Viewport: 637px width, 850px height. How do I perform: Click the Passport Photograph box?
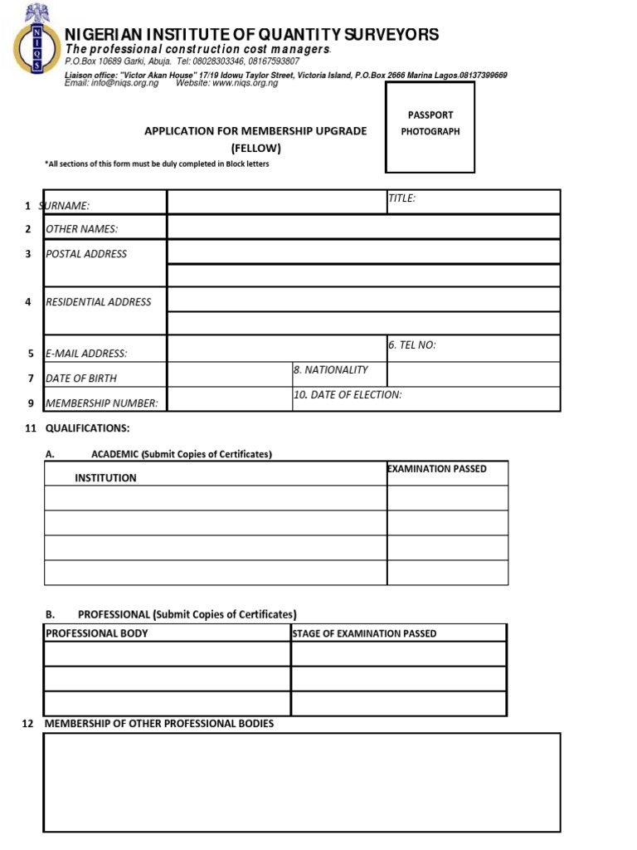pyautogui.click(x=430, y=126)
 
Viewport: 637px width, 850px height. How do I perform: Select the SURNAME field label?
pyautogui.click(x=66, y=206)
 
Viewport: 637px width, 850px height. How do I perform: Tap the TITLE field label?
pyautogui.click(x=401, y=198)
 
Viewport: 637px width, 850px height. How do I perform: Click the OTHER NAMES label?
pyautogui.click(x=81, y=229)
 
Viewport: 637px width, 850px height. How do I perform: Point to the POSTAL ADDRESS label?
pyautogui.click(x=86, y=254)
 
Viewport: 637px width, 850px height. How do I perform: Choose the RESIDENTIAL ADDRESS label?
pyautogui.click(x=98, y=302)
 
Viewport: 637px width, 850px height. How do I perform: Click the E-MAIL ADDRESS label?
pyautogui.click(x=86, y=354)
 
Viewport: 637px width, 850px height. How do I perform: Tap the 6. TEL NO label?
pyautogui.click(x=411, y=345)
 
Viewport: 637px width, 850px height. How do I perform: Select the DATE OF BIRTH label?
pyautogui.click(x=80, y=379)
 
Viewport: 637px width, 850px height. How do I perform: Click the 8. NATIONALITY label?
pyautogui.click(x=330, y=370)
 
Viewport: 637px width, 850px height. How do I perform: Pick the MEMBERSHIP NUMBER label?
pyautogui.click(x=101, y=403)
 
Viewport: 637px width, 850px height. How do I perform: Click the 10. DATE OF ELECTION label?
pyautogui.click(x=348, y=395)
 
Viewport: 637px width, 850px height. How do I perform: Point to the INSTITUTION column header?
pyautogui.click(x=105, y=478)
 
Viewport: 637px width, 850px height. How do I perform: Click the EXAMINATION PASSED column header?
pyautogui.click(x=437, y=469)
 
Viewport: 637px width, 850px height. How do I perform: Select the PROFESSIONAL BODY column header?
pyautogui.click(x=97, y=633)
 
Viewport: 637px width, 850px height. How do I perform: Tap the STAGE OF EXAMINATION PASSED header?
pyautogui.click(x=364, y=634)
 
